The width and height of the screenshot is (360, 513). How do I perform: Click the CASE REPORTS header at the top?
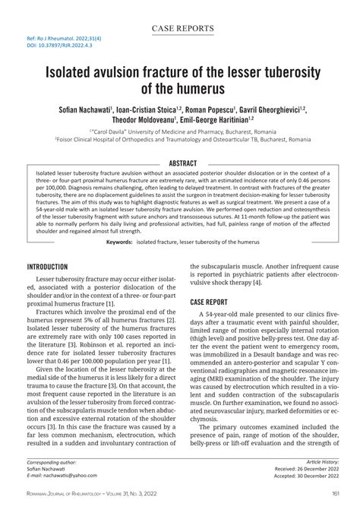182,29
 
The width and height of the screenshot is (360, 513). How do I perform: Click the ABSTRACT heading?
182,163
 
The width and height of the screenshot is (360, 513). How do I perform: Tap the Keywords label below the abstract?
119,242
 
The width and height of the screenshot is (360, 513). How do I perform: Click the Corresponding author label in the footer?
52,461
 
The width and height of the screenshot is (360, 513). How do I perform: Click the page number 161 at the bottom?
335,494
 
